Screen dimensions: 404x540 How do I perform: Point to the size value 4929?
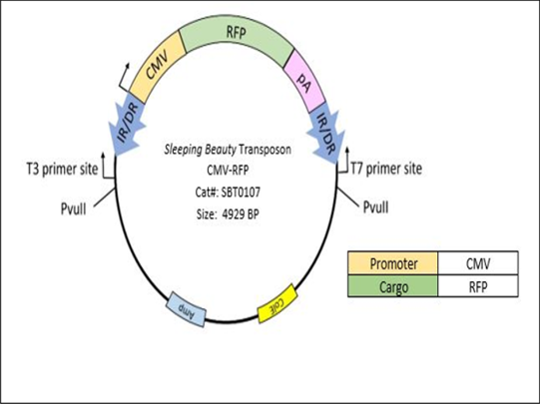tap(247, 214)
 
